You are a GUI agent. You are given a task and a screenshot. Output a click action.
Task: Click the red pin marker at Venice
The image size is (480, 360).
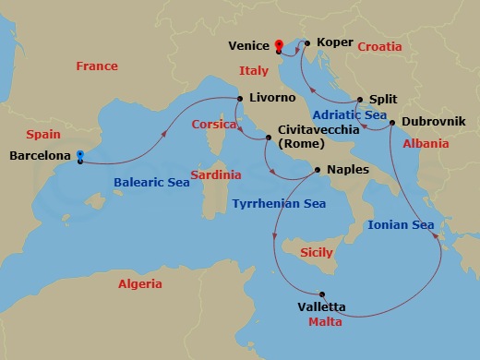[x=280, y=43]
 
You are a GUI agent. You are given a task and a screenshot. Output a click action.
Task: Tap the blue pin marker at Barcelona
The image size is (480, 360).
[x=80, y=156]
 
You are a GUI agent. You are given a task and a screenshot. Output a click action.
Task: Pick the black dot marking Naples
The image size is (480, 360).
[x=318, y=170]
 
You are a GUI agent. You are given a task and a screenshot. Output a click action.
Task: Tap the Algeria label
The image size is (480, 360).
[x=140, y=284]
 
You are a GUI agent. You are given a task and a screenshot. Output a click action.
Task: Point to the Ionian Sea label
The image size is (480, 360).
[x=401, y=224]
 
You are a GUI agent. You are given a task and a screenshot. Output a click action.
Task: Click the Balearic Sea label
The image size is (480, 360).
[x=152, y=183]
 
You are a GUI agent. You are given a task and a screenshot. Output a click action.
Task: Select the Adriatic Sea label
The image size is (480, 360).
[x=348, y=115]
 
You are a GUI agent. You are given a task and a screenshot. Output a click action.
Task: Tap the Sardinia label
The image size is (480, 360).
[x=217, y=174]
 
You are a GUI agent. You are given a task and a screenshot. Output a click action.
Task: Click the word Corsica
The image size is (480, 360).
[x=214, y=124]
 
